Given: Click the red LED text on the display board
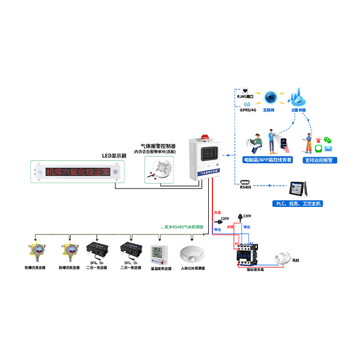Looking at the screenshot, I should [x=77, y=173].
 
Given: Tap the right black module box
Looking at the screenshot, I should [x=132, y=250].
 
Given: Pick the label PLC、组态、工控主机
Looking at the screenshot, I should [x=298, y=204].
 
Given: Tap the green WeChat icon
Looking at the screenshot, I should [x=326, y=140].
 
